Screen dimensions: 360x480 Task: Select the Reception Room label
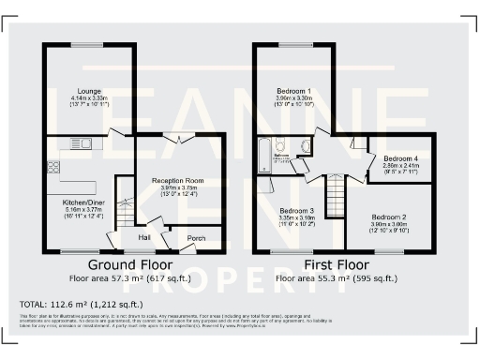click(x=178, y=179)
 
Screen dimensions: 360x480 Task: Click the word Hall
click(x=144, y=237)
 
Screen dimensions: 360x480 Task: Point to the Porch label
click(x=197, y=237)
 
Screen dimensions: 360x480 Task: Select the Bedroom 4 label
click(x=400, y=158)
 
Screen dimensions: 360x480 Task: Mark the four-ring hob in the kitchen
click(x=52, y=167)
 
